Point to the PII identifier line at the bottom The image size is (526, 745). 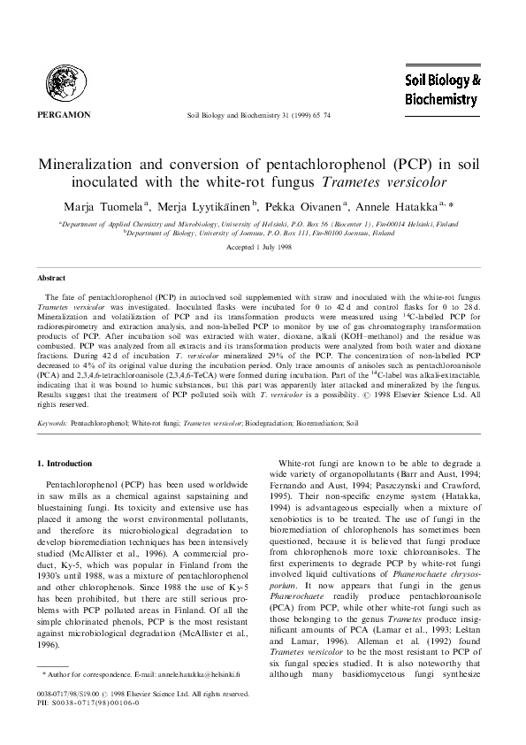click(79, 723)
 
